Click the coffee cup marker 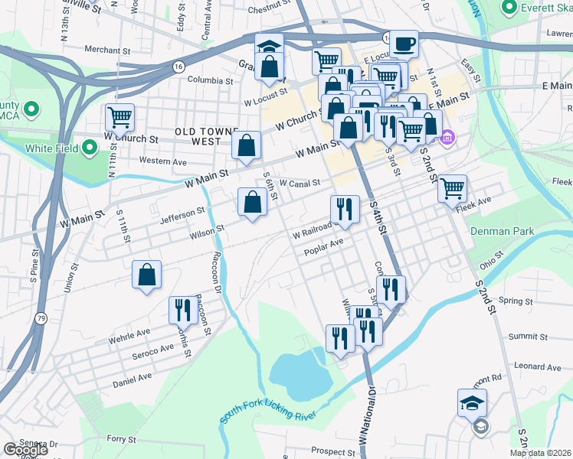404,43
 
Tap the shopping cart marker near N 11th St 120,118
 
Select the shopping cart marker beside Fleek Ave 453,187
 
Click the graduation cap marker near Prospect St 472,402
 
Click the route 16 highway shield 178,67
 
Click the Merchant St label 103,50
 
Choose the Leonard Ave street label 538,366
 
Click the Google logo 26,450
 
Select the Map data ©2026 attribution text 539,453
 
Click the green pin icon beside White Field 90,147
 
